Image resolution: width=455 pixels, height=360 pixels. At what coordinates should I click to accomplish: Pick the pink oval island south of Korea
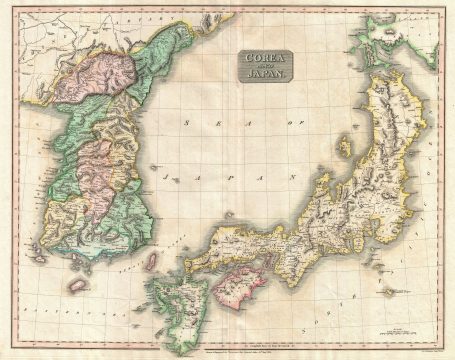[x=77, y=285]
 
